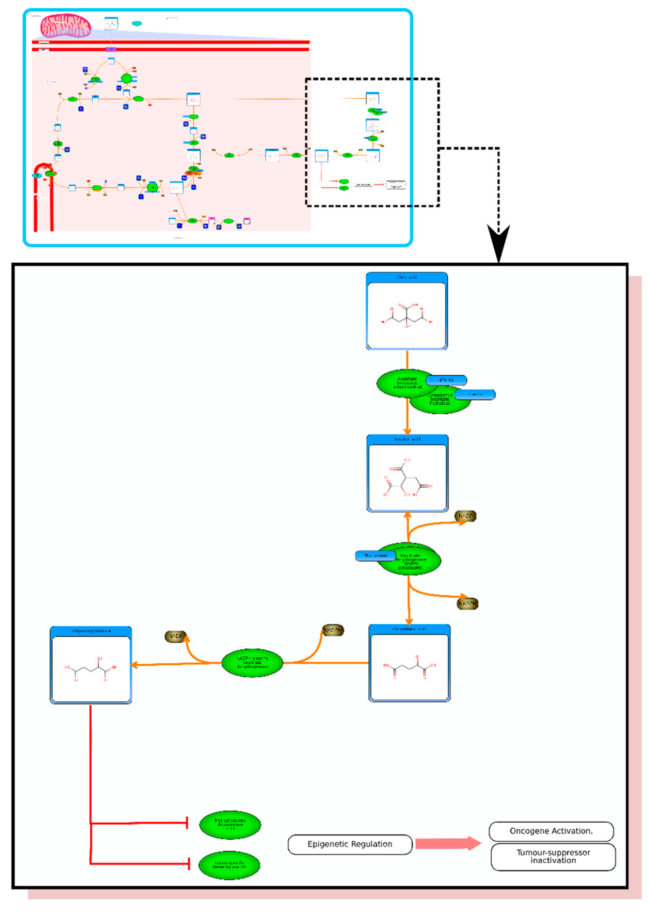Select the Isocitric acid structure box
pos(407,473)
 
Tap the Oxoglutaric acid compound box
pos(409,663)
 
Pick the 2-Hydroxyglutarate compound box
pos(91,665)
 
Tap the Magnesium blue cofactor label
pos(375,556)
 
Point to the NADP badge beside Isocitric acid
pos(465,516)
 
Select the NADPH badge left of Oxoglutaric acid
pos(333,630)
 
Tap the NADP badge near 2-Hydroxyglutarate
pos(175,636)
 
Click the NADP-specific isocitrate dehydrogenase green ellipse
pos(252,663)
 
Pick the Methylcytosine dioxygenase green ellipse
pos(230,824)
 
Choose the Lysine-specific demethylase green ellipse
pos(230,865)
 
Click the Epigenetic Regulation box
pos(350,844)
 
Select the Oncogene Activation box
pos(551,831)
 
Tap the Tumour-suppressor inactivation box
pos(553,857)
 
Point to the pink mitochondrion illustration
pos(66,26)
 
